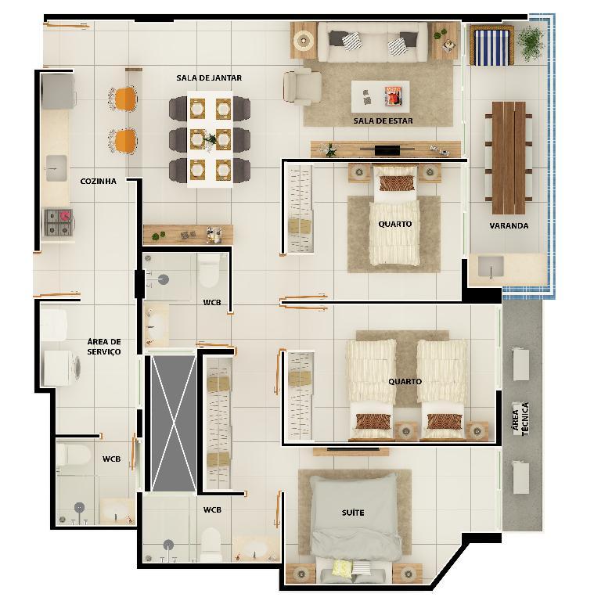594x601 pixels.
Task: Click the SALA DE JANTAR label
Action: point(209,77)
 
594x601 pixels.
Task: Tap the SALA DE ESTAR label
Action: point(383,121)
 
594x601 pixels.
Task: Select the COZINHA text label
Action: point(98,182)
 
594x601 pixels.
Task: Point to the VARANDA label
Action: point(509,225)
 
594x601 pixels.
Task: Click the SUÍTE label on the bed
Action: point(353,513)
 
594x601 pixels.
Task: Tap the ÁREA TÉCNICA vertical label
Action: point(520,418)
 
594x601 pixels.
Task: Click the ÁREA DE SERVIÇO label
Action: point(104,347)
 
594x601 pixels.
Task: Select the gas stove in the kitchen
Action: point(58,222)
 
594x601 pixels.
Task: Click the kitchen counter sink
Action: point(56,168)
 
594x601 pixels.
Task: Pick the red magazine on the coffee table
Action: point(394,95)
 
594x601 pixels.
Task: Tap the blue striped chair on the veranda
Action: point(491,45)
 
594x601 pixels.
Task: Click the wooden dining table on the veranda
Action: point(509,157)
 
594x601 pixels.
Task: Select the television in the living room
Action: point(387,149)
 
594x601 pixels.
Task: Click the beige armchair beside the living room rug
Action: point(302,87)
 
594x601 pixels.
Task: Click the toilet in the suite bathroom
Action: point(211,545)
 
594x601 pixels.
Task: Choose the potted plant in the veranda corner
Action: point(531,41)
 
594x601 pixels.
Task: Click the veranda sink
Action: point(491,266)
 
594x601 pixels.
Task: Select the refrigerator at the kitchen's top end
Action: point(58,92)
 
